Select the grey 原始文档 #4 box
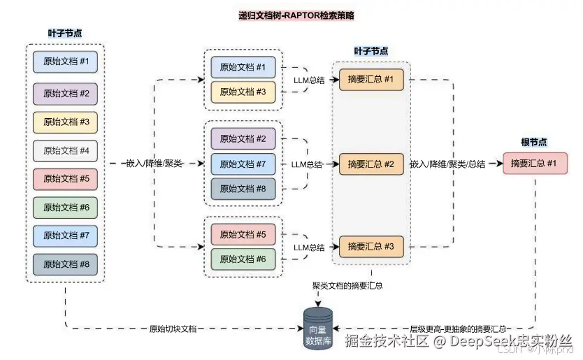tap(66, 150)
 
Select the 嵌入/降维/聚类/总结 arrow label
tap(447, 164)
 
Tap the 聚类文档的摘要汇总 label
tap(347, 285)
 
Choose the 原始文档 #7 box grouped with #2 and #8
tap(243, 164)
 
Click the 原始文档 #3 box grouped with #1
tap(243, 91)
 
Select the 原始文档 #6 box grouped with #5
tap(243, 259)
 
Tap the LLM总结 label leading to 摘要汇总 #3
tap(308, 247)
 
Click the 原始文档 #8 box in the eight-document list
tap(66, 264)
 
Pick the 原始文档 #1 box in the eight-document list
tap(66, 62)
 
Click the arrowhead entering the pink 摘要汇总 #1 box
tap(500, 164)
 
